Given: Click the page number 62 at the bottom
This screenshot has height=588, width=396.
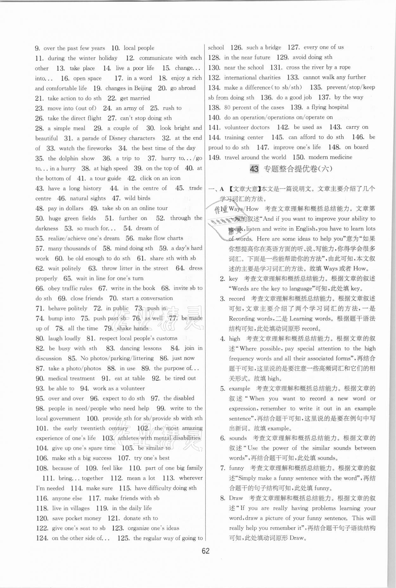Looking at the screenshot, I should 206,551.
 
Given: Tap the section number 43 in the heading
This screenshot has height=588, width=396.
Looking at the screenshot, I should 254,169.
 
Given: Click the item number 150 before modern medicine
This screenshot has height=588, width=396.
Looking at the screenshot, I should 298,157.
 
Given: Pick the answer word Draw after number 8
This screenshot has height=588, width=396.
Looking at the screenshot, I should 236,498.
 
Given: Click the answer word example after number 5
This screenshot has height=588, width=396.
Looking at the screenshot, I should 240,389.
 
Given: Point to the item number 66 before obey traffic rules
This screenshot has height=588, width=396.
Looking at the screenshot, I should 40,288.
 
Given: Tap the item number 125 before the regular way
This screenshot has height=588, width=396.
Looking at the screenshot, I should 123,538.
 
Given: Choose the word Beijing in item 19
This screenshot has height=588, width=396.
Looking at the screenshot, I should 143,88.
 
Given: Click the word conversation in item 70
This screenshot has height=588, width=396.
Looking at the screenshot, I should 156,298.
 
